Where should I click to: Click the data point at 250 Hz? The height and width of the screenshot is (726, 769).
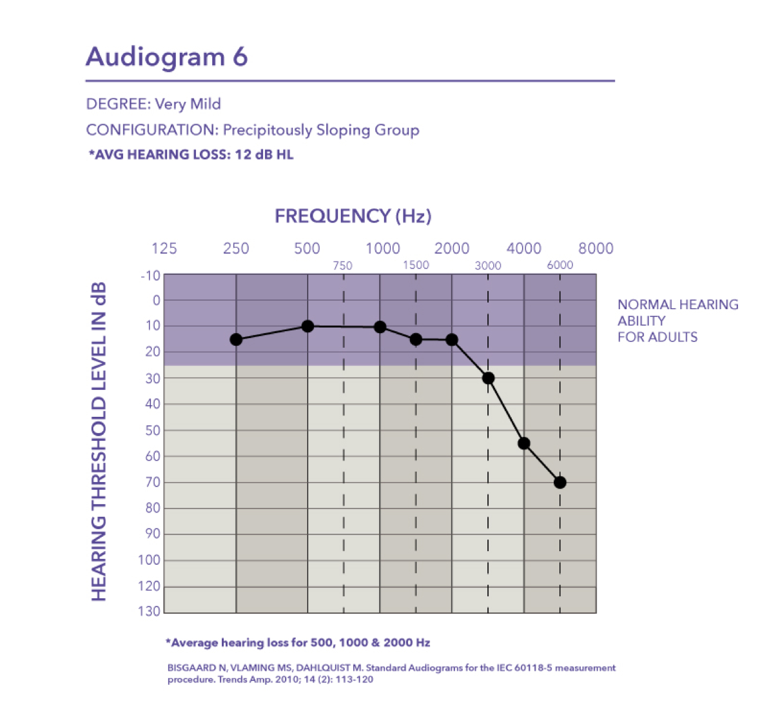(x=236, y=339)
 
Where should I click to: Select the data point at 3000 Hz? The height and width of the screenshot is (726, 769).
(x=488, y=378)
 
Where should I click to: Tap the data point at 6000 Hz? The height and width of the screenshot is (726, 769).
(x=560, y=483)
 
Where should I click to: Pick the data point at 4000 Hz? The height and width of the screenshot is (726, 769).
(x=524, y=443)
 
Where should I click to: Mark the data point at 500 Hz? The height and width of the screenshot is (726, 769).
(x=307, y=326)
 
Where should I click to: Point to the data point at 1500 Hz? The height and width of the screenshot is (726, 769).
(x=416, y=339)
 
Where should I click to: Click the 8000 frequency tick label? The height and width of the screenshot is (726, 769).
(x=596, y=248)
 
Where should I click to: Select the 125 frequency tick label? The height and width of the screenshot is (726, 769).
(x=164, y=248)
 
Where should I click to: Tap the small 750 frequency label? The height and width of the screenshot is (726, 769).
(x=342, y=266)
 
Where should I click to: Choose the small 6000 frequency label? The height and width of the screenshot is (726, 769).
(x=560, y=265)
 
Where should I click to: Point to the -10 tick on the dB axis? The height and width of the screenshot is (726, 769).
(x=151, y=276)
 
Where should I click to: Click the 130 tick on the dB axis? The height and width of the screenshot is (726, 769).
(x=149, y=611)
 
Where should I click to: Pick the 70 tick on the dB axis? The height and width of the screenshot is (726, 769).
(x=153, y=482)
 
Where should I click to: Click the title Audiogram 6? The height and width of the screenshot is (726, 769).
(x=167, y=56)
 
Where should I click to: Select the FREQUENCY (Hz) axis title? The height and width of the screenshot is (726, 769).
(x=353, y=216)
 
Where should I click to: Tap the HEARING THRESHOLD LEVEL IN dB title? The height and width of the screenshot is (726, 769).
(x=99, y=442)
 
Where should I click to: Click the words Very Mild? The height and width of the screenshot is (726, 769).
(x=188, y=104)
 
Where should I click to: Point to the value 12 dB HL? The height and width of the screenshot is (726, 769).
(x=264, y=155)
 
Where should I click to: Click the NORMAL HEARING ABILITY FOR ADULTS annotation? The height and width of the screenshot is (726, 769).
(x=677, y=321)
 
